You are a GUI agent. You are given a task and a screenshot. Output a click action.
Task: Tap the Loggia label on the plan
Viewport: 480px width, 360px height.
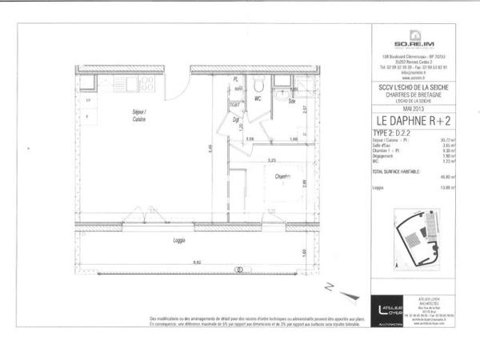[x=179, y=240]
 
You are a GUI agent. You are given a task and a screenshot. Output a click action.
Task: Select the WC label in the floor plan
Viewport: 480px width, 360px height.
[x=258, y=99]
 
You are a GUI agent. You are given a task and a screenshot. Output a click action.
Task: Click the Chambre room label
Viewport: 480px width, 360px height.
[x=281, y=177]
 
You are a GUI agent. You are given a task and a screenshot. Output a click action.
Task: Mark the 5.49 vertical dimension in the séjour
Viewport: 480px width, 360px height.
[x=210, y=148]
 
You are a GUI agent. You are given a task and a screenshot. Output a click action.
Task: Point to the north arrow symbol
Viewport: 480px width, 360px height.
[x=330, y=286]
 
